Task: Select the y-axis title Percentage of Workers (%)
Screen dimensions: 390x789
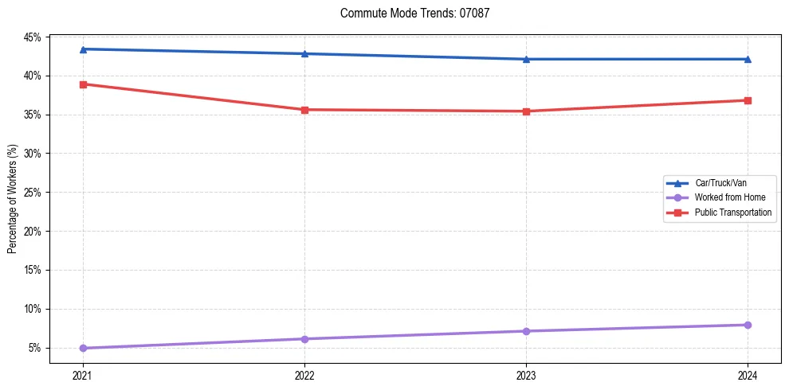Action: [x=13, y=199]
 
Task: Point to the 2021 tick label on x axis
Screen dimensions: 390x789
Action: [x=83, y=374]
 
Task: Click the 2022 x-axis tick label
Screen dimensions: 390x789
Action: [x=304, y=374]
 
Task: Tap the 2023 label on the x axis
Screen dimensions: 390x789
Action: [x=526, y=374]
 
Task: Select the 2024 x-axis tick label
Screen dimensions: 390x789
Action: [x=748, y=374]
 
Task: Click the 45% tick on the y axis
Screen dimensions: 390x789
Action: [x=32, y=37]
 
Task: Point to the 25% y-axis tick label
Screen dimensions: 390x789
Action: [x=32, y=193]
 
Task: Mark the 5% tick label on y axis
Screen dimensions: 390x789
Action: [x=34, y=348]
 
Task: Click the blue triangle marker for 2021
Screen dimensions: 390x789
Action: [x=83, y=49]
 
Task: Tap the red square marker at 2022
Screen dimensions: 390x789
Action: [x=304, y=110]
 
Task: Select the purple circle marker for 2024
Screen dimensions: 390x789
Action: [x=748, y=325]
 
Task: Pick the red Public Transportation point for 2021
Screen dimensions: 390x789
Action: [x=83, y=84]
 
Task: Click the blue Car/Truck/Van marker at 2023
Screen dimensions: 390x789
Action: [x=526, y=59]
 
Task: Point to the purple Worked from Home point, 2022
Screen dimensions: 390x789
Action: [x=304, y=339]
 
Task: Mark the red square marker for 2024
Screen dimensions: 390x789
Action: [x=748, y=100]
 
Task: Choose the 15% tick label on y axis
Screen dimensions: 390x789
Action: [x=32, y=270]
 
